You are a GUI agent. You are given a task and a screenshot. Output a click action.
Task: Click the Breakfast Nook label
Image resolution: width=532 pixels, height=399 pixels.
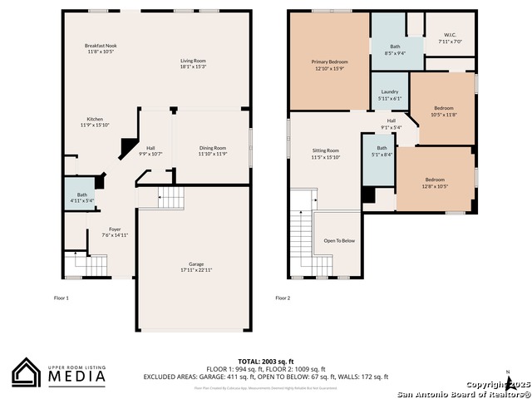click(x=101, y=45)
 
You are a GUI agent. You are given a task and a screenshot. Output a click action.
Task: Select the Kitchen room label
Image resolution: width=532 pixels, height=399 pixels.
click(x=96, y=119)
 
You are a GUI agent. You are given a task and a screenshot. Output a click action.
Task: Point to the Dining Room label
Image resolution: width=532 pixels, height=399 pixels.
click(x=212, y=148)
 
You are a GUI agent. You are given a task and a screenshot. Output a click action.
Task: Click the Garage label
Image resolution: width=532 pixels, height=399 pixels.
click(x=196, y=264)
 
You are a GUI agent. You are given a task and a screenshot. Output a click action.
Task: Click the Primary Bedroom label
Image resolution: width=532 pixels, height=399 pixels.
click(x=330, y=62)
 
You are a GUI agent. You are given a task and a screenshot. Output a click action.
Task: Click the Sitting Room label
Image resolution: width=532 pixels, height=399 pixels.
click(x=326, y=150)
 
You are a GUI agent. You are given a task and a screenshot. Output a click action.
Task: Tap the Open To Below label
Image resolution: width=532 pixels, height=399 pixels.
click(x=339, y=240)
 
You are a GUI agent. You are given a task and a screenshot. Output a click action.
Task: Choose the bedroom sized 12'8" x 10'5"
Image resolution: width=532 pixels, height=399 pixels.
click(x=436, y=180)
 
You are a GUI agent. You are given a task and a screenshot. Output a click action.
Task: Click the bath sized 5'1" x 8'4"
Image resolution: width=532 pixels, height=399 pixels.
click(x=382, y=150)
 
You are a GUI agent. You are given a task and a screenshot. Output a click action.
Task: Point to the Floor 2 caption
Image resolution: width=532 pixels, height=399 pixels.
click(x=283, y=298)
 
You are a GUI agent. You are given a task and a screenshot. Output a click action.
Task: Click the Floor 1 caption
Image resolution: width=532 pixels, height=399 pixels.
click(x=62, y=298)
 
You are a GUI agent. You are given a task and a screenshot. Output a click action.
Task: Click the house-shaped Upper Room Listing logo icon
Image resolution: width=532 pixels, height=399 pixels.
click(x=26, y=372)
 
